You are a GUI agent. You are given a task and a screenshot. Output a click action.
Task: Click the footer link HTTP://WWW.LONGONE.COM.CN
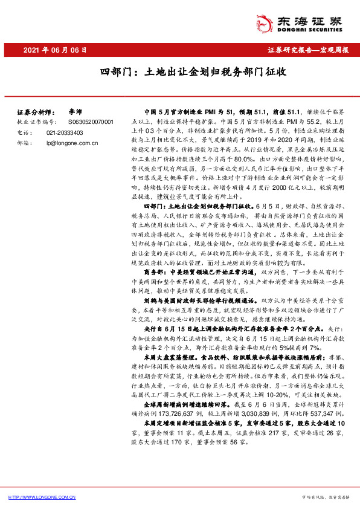[40, 496]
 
